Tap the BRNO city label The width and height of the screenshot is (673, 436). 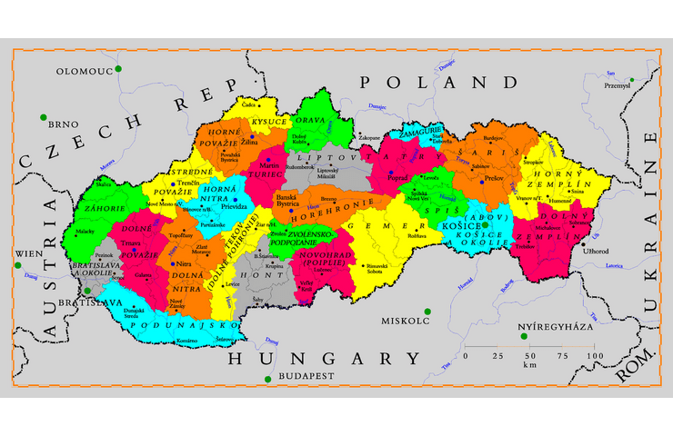[x=65, y=125]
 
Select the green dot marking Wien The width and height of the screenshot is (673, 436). [x=18, y=265]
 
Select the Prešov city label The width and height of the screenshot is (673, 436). [x=496, y=178]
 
